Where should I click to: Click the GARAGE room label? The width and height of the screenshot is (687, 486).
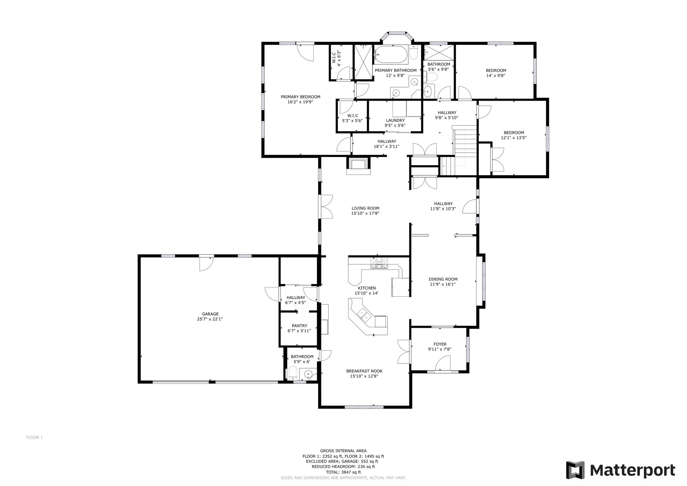210,314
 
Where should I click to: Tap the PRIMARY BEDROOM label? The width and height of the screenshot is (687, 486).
301,97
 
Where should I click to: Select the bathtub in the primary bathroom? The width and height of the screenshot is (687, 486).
391,55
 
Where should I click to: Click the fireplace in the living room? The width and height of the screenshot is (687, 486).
359,166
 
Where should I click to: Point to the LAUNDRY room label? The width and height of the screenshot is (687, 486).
395,120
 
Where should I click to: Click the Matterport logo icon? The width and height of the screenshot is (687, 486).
575,470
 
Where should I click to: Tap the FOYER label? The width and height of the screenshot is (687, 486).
440,344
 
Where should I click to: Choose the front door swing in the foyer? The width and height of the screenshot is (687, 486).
443,363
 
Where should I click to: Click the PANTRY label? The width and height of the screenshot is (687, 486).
299,326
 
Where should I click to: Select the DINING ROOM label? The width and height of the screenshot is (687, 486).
443,279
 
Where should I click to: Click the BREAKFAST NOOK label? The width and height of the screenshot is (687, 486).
364,371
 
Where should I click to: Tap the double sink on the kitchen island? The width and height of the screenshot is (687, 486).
364,314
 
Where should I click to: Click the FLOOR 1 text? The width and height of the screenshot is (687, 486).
35,437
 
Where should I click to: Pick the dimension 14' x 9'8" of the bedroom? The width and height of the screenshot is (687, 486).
496,76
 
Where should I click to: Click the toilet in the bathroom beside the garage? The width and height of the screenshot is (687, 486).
293,373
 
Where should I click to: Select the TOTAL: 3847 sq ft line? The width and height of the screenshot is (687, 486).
343,472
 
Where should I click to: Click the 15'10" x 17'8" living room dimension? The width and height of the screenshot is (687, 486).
365,213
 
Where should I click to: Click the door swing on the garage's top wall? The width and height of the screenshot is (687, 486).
206,263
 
